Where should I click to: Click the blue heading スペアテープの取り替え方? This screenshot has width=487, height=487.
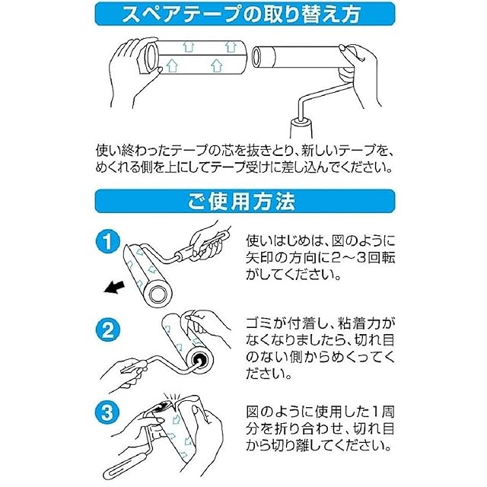(241, 14)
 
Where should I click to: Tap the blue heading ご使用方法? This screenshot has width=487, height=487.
(241, 201)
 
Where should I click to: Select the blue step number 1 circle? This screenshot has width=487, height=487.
(107, 241)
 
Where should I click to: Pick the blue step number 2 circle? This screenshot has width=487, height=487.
(107, 329)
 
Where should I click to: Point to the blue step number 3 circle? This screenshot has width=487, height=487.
(107, 412)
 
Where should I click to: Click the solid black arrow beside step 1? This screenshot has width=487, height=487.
(114, 288)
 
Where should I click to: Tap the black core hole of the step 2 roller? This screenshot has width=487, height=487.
(199, 359)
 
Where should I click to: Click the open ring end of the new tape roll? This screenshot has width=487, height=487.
(151, 58)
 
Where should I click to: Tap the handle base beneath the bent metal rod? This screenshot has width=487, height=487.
(301, 127)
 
